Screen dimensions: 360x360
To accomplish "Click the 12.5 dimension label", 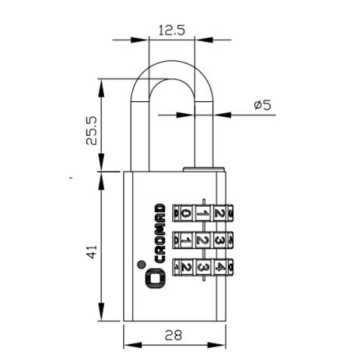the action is click(172, 30).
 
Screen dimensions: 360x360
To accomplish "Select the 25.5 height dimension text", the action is click(91, 131).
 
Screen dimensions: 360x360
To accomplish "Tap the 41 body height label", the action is click(92, 252).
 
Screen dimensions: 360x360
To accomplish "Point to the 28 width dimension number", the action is click(174, 335).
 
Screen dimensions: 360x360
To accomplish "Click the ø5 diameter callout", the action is click(263, 105).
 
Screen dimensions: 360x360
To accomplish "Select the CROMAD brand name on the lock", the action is click(159, 233).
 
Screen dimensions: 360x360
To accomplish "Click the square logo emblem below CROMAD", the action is click(156, 278).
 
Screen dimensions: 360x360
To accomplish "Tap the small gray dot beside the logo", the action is click(141, 264).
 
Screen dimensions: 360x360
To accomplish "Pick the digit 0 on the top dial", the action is click(187, 214).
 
